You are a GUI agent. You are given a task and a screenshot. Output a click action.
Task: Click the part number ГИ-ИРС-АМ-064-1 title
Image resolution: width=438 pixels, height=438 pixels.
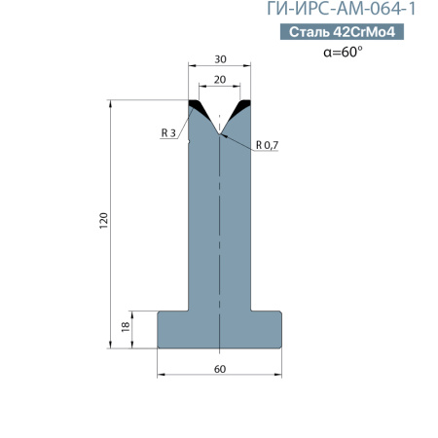(x=342, y=9)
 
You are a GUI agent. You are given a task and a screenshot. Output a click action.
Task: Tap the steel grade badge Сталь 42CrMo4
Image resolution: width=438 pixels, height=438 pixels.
(x=342, y=32)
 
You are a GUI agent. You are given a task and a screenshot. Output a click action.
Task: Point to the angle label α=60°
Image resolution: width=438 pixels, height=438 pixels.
(x=343, y=52)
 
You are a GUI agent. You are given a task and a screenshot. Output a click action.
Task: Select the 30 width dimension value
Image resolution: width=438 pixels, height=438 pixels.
(x=220, y=59)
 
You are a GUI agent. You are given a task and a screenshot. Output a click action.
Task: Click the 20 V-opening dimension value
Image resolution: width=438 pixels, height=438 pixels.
(x=220, y=80)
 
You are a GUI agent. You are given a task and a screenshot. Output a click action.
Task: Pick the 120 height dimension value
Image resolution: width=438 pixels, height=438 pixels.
(x=103, y=221)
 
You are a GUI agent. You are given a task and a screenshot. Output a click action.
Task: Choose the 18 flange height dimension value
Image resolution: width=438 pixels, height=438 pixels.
(x=126, y=326)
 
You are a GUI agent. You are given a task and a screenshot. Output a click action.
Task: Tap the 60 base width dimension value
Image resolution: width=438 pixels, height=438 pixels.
(x=220, y=369)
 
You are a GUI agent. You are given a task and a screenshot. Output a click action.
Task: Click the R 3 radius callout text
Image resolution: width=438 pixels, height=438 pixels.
(x=168, y=132)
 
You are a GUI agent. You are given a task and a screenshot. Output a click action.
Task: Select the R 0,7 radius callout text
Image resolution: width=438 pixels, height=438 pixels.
(x=267, y=145)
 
